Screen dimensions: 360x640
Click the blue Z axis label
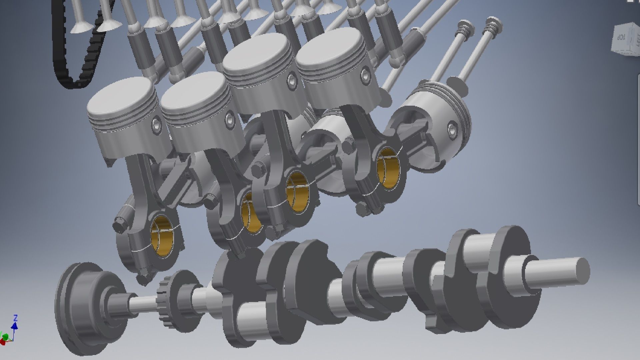click(x=15, y=318)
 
